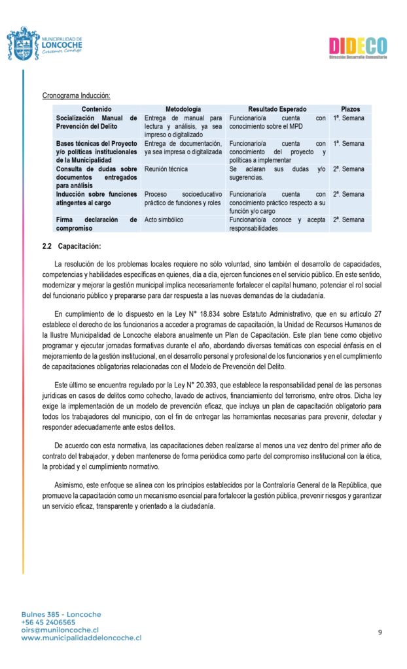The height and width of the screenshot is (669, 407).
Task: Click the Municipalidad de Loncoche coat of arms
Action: [x=22, y=44]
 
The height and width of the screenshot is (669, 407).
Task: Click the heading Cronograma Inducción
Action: [x=76, y=96]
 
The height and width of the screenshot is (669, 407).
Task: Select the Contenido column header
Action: [x=97, y=109]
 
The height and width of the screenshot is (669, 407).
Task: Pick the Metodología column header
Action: [x=183, y=109]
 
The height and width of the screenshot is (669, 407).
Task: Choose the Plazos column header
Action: [x=350, y=109]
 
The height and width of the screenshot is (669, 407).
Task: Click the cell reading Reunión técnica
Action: [x=166, y=169]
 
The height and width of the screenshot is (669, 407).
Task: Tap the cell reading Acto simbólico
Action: [x=164, y=220]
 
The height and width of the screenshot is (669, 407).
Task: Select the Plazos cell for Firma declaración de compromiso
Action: [x=348, y=220]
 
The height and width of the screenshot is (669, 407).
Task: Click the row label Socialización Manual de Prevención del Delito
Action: [x=96, y=122]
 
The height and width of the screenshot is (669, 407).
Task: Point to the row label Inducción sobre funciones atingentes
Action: [x=96, y=199]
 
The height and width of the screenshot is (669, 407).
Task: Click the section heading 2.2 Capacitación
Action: [x=72, y=246]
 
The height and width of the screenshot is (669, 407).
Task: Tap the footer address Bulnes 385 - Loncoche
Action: [x=61, y=614]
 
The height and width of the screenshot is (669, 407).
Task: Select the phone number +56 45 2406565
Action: [x=48, y=622]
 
